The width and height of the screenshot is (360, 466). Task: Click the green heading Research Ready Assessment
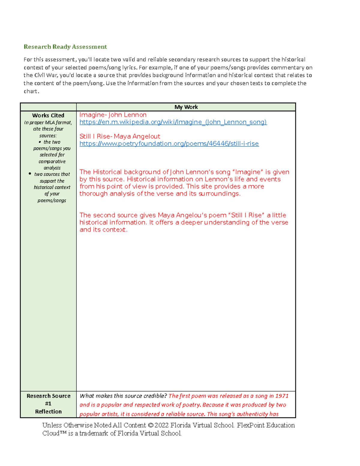[x=65, y=47]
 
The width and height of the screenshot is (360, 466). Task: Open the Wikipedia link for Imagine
[x=173, y=122]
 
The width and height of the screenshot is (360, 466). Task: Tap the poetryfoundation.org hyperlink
[x=169, y=144]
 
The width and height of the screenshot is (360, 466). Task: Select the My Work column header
[x=186, y=107]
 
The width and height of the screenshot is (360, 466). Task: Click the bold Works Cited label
[x=48, y=116]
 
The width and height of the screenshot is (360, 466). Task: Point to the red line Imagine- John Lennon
[x=113, y=115]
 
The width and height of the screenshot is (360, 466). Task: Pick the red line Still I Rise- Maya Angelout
[x=120, y=137]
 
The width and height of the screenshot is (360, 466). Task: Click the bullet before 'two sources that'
[x=30, y=174]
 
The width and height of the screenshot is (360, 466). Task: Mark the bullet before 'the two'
[x=40, y=142]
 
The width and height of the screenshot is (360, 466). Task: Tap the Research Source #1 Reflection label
[x=48, y=404]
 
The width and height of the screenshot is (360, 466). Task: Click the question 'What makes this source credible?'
[x=123, y=396]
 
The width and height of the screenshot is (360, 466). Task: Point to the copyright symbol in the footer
[x=150, y=425]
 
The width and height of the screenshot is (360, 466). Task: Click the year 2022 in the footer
[x=161, y=425]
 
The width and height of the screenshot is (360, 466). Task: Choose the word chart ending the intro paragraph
[x=31, y=91]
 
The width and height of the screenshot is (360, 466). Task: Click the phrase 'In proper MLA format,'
[x=48, y=122]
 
